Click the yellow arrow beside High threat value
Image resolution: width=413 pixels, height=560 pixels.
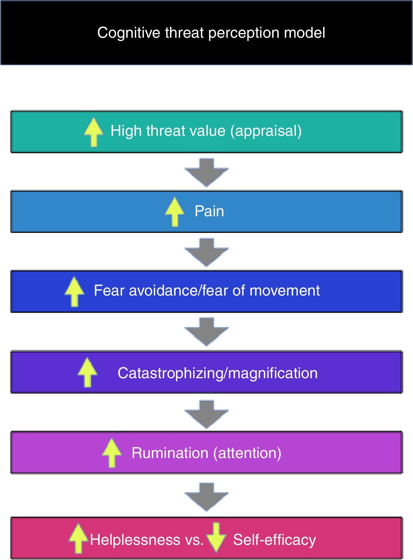click(x=94, y=132)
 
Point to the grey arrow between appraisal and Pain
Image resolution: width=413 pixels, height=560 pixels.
click(x=206, y=172)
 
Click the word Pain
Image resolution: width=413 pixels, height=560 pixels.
click(x=209, y=211)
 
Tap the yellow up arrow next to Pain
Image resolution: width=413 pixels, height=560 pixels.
click(x=175, y=212)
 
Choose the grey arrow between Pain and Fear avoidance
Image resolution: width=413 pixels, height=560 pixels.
click(x=206, y=252)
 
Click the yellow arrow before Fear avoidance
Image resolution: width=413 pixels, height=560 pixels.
click(x=74, y=291)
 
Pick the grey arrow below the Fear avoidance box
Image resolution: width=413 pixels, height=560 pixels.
click(x=206, y=331)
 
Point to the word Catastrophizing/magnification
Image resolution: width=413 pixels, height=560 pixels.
click(x=218, y=373)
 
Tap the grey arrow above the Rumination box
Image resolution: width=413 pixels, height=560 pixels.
click(x=206, y=414)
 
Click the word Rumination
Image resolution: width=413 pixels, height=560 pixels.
click(x=170, y=453)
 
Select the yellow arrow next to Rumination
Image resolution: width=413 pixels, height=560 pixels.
click(x=112, y=453)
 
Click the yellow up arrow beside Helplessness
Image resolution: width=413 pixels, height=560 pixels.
click(x=78, y=538)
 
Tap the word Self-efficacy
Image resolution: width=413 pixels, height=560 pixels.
click(x=275, y=540)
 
